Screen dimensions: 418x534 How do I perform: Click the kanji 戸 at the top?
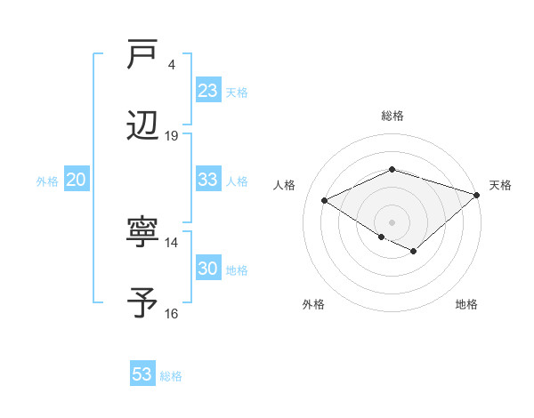(x=142, y=54)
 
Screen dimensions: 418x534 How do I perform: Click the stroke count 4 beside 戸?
(x=171, y=64)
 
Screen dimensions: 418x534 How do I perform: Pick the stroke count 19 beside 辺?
(x=172, y=135)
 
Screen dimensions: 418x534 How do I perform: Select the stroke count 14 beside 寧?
(x=172, y=242)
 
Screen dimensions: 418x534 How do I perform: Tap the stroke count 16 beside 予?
(x=172, y=313)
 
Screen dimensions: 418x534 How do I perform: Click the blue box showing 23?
(x=208, y=91)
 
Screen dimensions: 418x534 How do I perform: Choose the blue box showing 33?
(x=208, y=180)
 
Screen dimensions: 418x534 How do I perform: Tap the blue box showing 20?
(x=77, y=180)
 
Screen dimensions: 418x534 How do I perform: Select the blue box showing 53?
(x=142, y=374)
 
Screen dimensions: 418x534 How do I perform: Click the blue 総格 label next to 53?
(x=171, y=376)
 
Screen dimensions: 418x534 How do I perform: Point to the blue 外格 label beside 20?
(x=47, y=181)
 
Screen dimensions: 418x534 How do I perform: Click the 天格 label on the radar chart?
(x=500, y=185)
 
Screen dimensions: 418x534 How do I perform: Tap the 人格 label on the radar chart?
(x=285, y=185)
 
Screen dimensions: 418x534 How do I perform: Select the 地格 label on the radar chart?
(x=466, y=304)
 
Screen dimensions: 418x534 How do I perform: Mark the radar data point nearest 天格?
(x=478, y=194)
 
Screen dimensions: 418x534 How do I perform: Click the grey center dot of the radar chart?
(x=392, y=221)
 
